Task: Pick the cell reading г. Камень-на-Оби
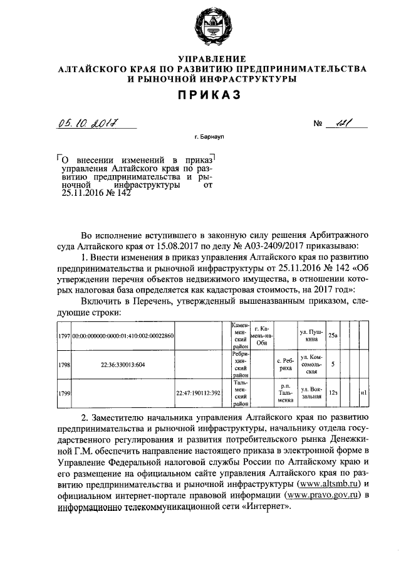pyautogui.click(x=263, y=336)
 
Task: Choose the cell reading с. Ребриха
pyautogui.click(x=286, y=364)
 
